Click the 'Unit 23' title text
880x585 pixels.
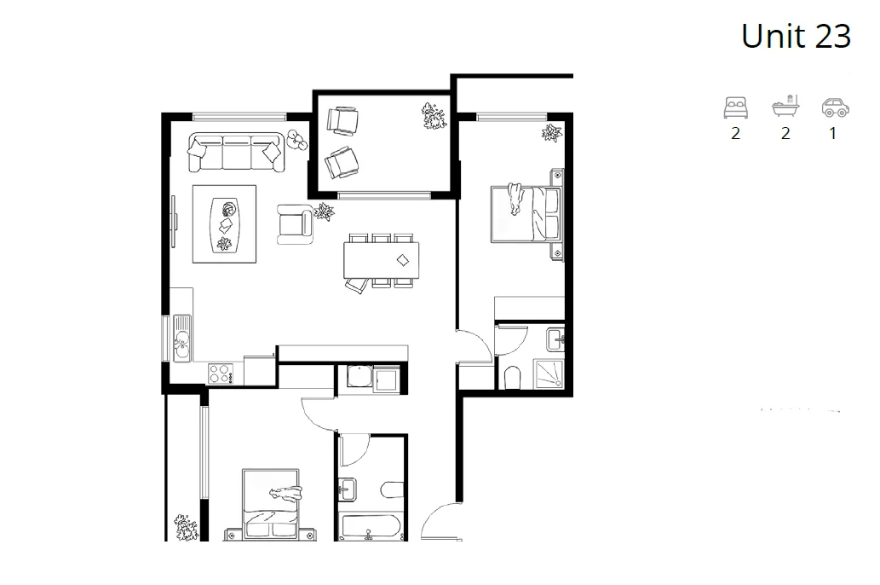click(796, 36)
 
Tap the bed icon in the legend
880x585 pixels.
click(735, 107)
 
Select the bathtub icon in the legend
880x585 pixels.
click(785, 107)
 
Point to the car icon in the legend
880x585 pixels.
click(833, 107)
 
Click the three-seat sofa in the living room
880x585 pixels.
click(236, 151)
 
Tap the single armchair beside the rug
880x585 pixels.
click(295, 223)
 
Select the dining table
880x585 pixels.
click(382, 259)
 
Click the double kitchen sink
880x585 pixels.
click(181, 338)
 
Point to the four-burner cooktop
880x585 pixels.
click(221, 372)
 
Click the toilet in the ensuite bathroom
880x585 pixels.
click(513, 376)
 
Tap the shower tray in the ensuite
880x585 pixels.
click(549, 374)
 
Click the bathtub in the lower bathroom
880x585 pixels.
click(369, 525)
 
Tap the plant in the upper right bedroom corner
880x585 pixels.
click(551, 133)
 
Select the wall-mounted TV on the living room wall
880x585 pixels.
click(175, 213)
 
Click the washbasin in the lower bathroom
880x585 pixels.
click(348, 489)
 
